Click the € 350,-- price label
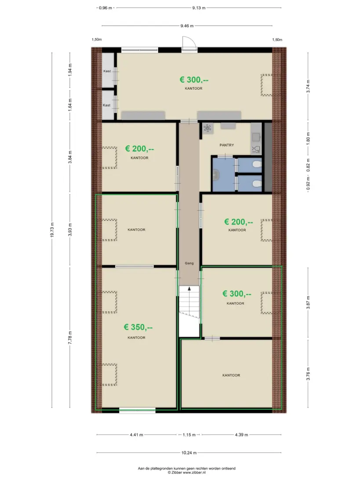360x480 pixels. click(138, 327)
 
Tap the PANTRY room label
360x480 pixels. click(226, 145)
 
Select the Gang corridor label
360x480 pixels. click(189, 263)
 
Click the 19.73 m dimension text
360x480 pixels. click(52, 230)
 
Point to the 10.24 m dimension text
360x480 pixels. click(189, 452)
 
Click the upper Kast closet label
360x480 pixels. click(107, 71)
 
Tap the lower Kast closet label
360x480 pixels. click(106, 105)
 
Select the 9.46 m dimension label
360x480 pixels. click(187, 26)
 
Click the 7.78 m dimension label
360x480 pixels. click(70, 338)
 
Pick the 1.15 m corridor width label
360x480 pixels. click(189, 435)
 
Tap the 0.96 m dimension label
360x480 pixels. click(105, 8)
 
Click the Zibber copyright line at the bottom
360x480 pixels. click(187, 473)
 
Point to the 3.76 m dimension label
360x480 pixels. click(308, 374)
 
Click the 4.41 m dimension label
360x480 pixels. click(137, 435)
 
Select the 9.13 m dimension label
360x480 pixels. click(199, 8)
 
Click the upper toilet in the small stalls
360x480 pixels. click(257, 165)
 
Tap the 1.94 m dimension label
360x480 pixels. click(70, 70)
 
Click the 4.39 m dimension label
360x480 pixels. click(241, 435)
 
